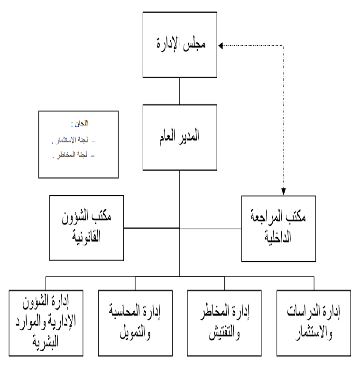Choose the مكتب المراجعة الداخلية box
(278, 228)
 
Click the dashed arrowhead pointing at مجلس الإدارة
(221, 46)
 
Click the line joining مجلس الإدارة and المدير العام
(179, 90)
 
